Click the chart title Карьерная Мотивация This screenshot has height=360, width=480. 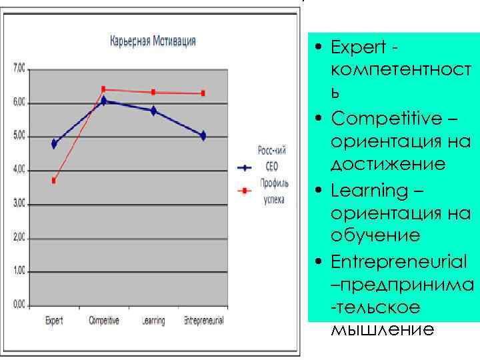tap(153, 41)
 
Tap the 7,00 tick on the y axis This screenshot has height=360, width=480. tap(19, 68)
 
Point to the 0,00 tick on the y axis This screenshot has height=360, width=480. tap(19, 305)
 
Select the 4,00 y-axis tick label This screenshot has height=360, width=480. tap(19, 170)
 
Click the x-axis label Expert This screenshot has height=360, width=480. tap(54, 321)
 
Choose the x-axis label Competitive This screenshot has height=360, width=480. tap(104, 321)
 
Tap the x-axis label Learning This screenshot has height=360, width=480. tap(153, 321)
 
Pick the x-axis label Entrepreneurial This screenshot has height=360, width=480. tap(203, 321)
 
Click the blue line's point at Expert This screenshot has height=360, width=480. tap(54, 143)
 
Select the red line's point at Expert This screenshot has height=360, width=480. tap(54, 181)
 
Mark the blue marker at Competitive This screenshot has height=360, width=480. tap(103, 101)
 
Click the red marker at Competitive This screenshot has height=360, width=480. tap(103, 89)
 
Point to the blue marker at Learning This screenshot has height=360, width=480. tap(153, 111)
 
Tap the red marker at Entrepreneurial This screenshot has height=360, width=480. tap(203, 93)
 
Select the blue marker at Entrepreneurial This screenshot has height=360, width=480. tap(203, 135)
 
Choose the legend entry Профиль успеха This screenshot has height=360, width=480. tap(273, 191)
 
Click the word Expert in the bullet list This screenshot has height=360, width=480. tap(358, 48)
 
